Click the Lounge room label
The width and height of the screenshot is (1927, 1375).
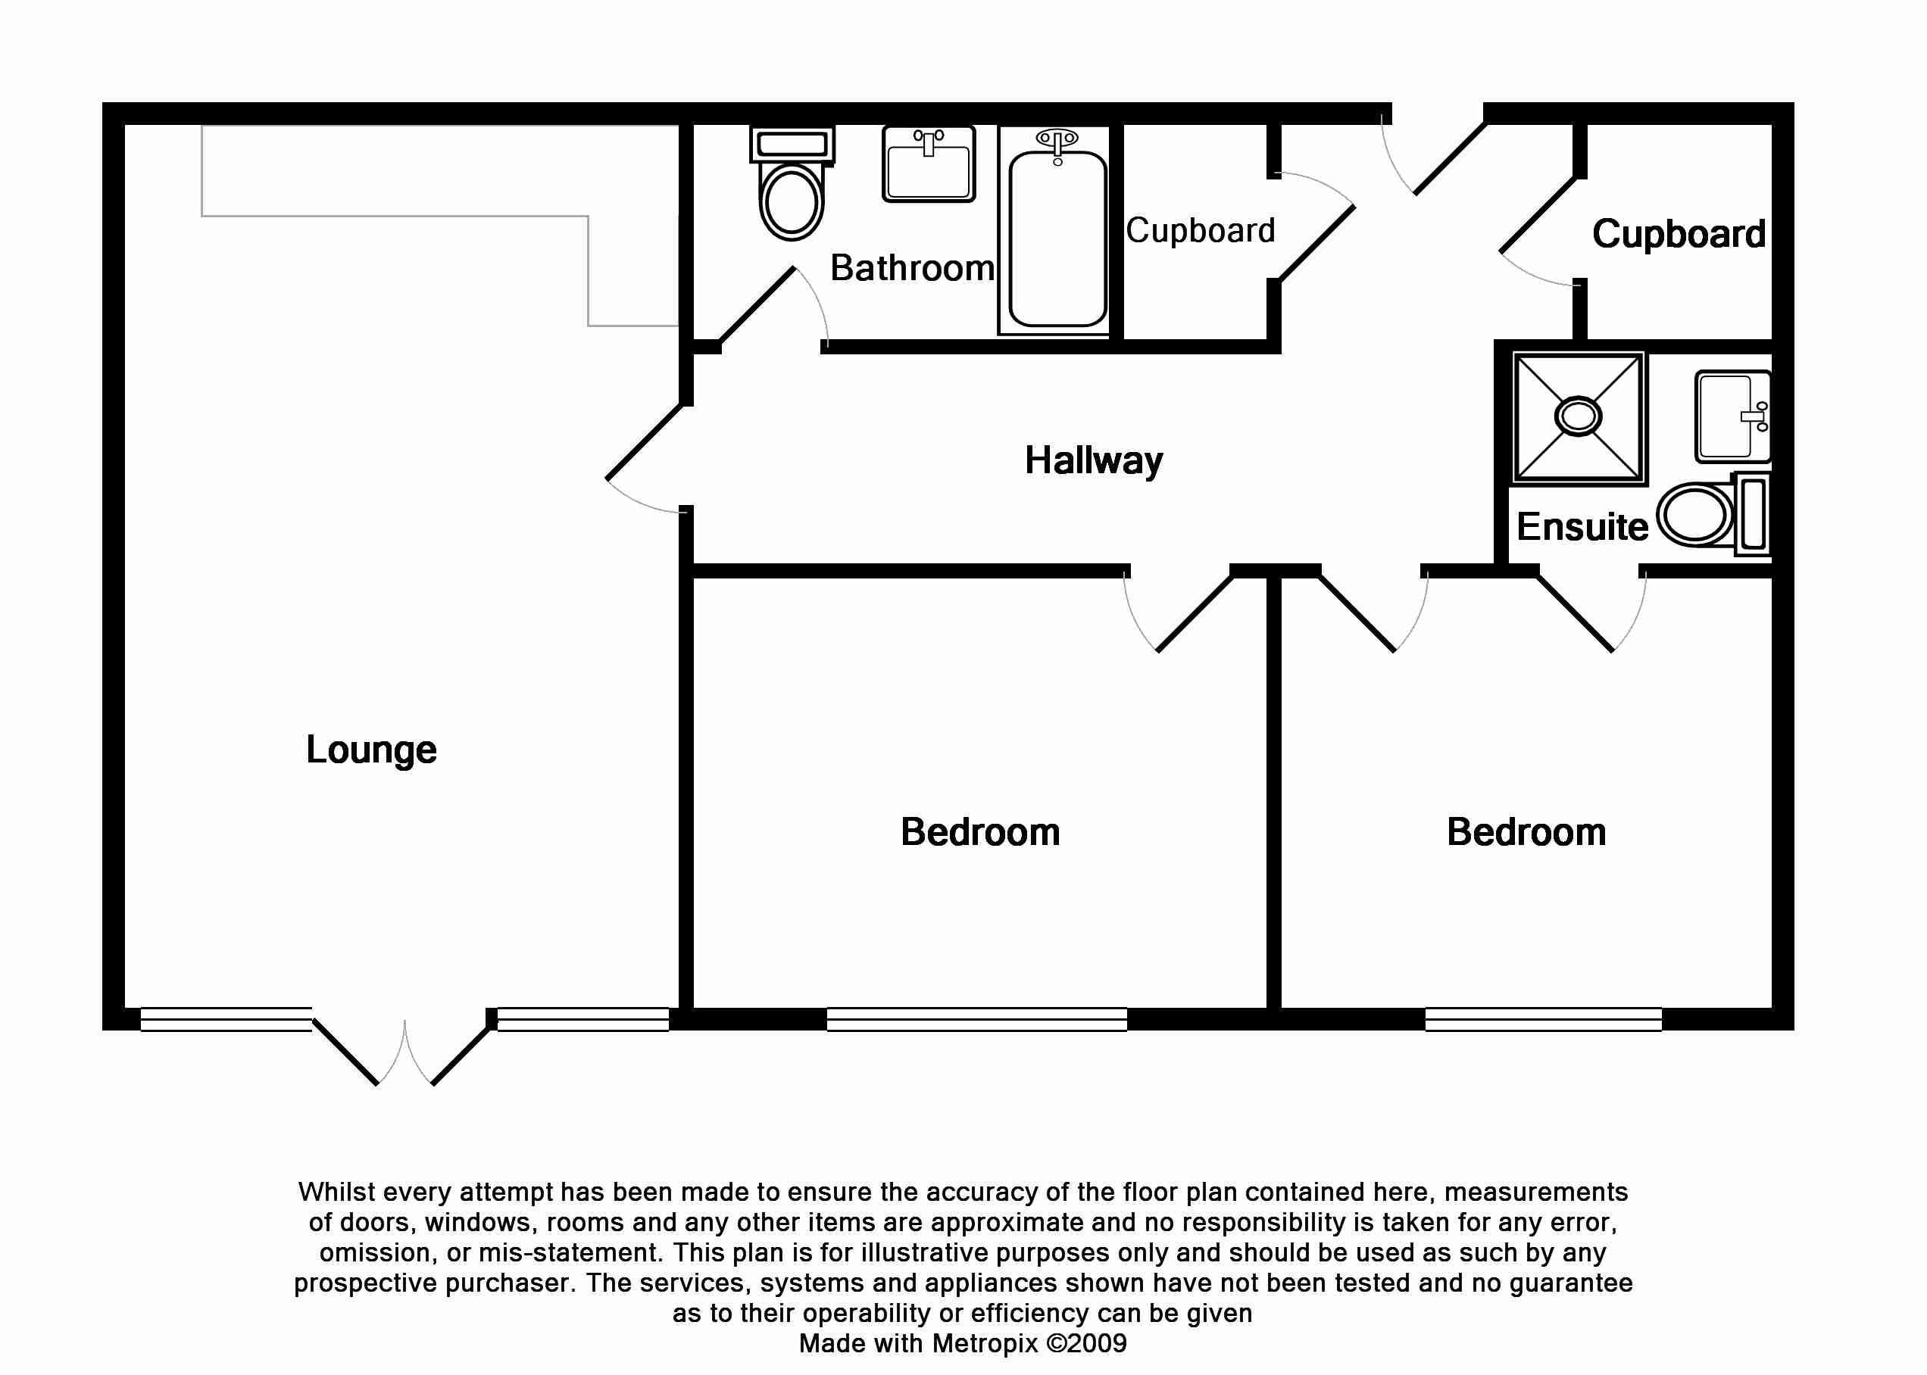click(x=371, y=750)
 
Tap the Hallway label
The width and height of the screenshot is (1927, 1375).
click(x=1094, y=461)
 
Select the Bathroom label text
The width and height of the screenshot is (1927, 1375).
click(x=911, y=268)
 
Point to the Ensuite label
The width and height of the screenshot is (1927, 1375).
click(x=1582, y=528)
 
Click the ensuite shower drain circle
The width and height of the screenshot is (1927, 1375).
click(x=1578, y=416)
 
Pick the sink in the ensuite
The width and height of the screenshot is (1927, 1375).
click(x=1731, y=416)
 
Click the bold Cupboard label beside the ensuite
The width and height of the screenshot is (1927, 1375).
click(x=1678, y=235)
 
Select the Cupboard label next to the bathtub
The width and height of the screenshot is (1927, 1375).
click(x=1199, y=231)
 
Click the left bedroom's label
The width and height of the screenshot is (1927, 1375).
click(x=980, y=832)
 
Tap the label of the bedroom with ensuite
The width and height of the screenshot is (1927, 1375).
click(x=1526, y=832)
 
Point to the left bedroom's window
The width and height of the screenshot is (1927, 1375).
click(x=976, y=1018)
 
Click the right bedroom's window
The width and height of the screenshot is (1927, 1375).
click(x=1542, y=1018)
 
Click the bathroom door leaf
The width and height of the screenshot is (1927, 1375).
click(x=757, y=306)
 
